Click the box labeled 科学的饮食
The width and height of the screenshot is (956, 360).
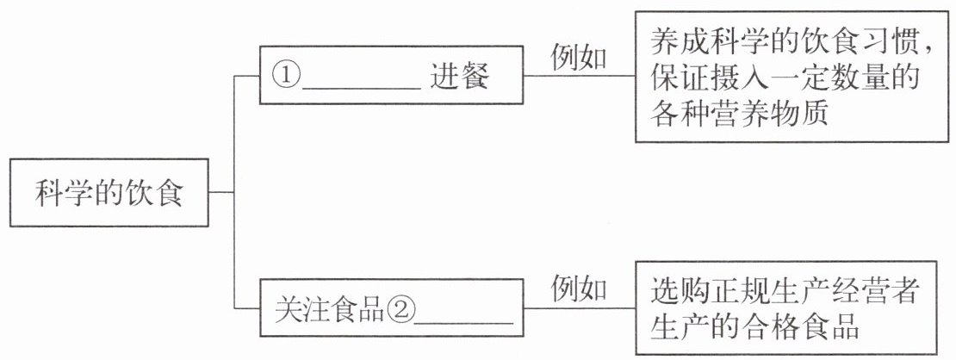(109, 192)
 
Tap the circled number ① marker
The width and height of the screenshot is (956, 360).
(288, 76)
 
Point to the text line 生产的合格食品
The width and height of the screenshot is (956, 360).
(757, 328)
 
